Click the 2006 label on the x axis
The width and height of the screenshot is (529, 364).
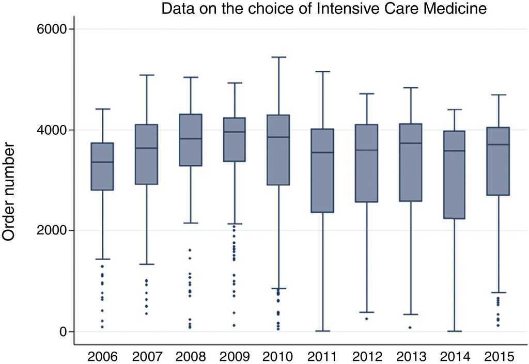click(103, 356)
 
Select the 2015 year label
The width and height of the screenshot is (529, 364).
click(499, 356)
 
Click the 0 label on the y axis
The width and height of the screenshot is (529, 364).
click(64, 331)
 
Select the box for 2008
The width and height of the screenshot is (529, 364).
click(191, 140)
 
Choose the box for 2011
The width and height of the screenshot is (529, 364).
click(322, 170)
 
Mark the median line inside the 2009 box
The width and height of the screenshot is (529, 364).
click(235, 132)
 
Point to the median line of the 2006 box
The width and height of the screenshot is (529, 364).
click(102, 162)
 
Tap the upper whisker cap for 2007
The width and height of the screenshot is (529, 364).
click(147, 75)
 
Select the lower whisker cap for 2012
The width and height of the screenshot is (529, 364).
click(366, 312)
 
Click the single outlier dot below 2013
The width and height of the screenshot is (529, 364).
click(410, 327)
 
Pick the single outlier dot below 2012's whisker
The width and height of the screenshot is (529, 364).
click(366, 319)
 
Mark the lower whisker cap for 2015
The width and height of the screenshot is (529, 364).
click(499, 293)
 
